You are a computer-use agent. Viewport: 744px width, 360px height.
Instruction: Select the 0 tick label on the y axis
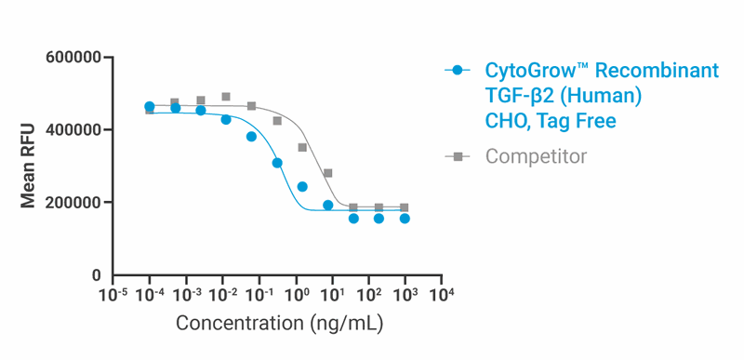96,275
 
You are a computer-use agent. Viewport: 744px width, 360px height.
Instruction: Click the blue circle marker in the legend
457,72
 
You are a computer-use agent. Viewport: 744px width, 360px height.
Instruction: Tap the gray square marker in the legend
457,156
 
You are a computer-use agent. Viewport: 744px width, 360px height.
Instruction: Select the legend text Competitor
536,156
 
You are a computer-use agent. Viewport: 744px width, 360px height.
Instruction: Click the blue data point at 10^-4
150,107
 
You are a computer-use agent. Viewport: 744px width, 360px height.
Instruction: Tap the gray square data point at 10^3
405,208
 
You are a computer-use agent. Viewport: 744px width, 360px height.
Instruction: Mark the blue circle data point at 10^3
405,219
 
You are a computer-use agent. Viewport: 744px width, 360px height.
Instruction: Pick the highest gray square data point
226,97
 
